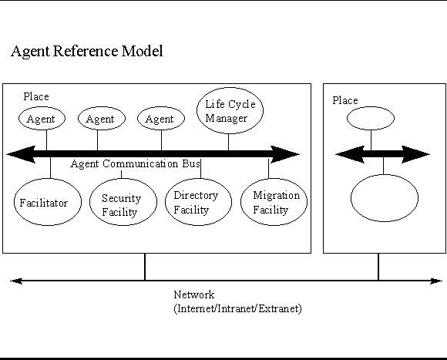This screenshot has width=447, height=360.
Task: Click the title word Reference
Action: (86, 51)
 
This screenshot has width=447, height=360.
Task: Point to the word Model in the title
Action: (143, 51)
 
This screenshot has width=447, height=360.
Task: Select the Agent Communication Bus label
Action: (136, 164)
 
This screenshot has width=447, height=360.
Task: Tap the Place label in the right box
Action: (345, 101)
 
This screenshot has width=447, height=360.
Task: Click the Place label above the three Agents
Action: (36, 96)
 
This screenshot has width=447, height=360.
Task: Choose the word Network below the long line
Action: (194, 294)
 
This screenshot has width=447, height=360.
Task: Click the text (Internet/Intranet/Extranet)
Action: (237, 308)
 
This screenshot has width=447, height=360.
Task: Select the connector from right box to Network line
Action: (378, 267)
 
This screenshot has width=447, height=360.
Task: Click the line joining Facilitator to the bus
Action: (50, 167)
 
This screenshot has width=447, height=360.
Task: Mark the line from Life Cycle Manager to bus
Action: (228, 143)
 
